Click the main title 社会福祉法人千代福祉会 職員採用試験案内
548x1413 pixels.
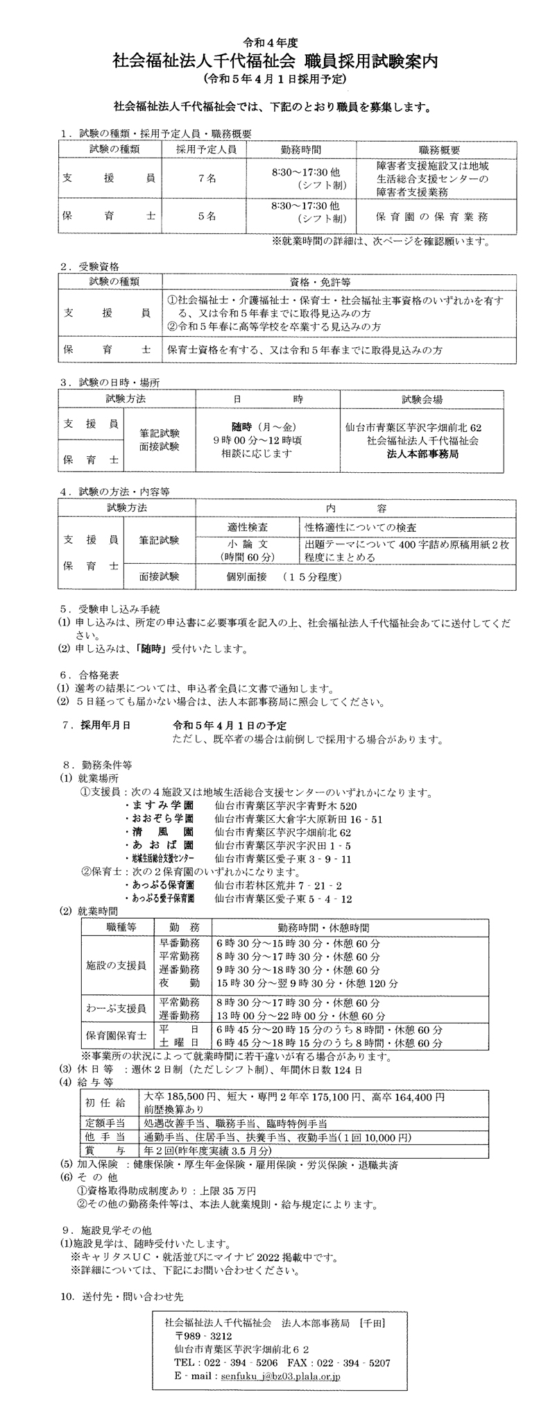[x=275, y=60]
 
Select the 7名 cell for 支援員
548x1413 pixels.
[x=206, y=178]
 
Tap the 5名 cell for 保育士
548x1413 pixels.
[x=206, y=216]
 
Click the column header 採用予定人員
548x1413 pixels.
[x=206, y=149]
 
